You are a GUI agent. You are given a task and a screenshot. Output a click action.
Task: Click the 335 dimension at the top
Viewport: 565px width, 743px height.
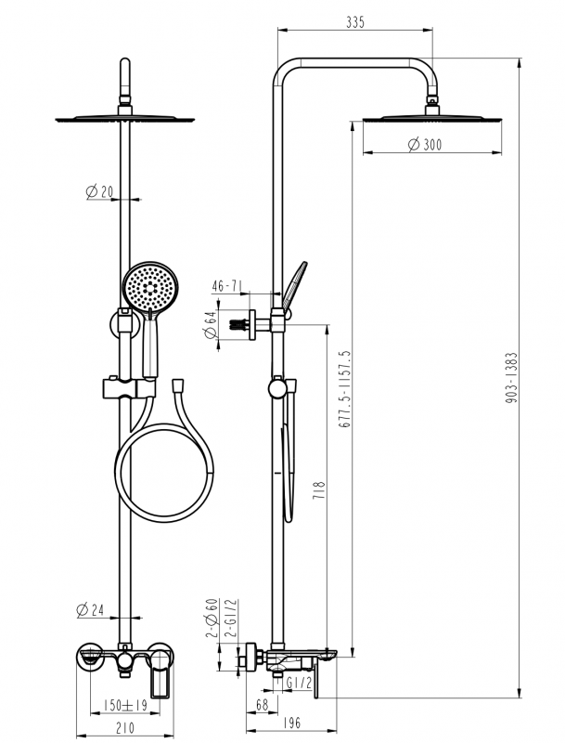point(355,22)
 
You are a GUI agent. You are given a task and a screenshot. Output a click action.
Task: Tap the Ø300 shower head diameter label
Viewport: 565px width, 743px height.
point(425,144)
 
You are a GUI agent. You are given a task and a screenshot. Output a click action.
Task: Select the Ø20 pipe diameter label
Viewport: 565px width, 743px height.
point(99,191)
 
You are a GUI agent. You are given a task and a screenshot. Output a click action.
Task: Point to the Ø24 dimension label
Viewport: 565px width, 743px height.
point(90,609)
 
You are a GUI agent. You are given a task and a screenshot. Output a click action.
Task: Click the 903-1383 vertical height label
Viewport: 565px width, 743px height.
point(511,378)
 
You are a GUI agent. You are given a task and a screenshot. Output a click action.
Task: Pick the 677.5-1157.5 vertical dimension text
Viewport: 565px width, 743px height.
point(344,389)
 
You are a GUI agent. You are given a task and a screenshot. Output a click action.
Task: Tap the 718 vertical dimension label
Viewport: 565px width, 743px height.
point(319,490)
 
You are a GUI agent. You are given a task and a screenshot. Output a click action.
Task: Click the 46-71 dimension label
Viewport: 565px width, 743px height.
point(227,286)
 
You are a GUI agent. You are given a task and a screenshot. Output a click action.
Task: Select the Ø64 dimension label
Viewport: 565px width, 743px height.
point(210,324)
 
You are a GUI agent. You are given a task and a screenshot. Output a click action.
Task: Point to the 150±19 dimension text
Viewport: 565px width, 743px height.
point(125,705)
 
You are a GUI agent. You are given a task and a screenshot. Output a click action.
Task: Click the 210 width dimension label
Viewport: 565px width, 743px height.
point(124,727)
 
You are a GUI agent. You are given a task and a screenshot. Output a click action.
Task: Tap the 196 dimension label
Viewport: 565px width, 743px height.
point(291,723)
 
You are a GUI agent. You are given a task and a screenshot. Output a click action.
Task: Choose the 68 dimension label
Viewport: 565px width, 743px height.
point(262,704)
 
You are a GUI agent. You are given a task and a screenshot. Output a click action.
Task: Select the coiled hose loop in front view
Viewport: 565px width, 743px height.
point(164,473)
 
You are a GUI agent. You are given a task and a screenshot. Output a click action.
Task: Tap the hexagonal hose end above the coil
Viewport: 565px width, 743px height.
point(177,385)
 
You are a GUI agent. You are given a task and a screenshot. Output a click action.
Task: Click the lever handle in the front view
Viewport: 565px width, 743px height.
point(160,674)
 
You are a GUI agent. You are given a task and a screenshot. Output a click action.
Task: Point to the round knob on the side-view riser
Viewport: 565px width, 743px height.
point(276,388)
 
